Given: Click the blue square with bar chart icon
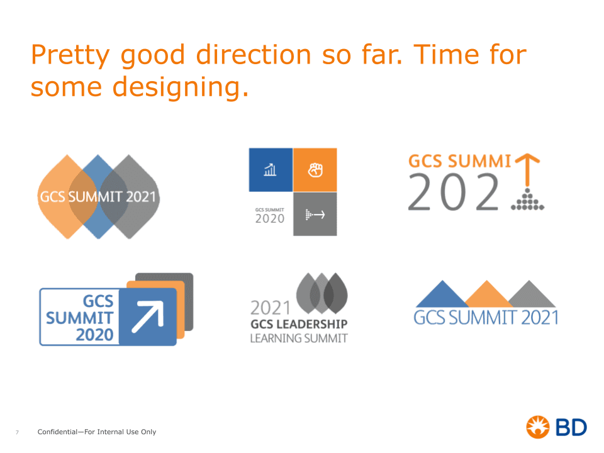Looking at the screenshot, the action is [271, 170].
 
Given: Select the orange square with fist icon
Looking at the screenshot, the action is [315, 170].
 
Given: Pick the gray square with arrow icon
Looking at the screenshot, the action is [315, 214].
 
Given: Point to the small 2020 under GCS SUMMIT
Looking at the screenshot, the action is [270, 219].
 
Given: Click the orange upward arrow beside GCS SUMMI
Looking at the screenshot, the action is [527, 169].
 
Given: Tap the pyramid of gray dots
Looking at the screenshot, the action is [528, 199].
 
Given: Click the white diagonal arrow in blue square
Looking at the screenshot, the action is [148, 316].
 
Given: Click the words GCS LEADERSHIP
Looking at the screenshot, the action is [299, 325].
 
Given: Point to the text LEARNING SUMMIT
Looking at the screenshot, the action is [299, 338].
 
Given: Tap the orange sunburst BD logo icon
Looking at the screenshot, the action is [538, 427].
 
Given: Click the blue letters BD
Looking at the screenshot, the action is [571, 427].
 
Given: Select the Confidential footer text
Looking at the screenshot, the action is [97, 432].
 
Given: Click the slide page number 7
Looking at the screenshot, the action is [17, 433].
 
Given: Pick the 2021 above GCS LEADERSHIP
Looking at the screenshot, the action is [271, 308].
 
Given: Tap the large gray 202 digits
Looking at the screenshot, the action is [454, 192].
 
